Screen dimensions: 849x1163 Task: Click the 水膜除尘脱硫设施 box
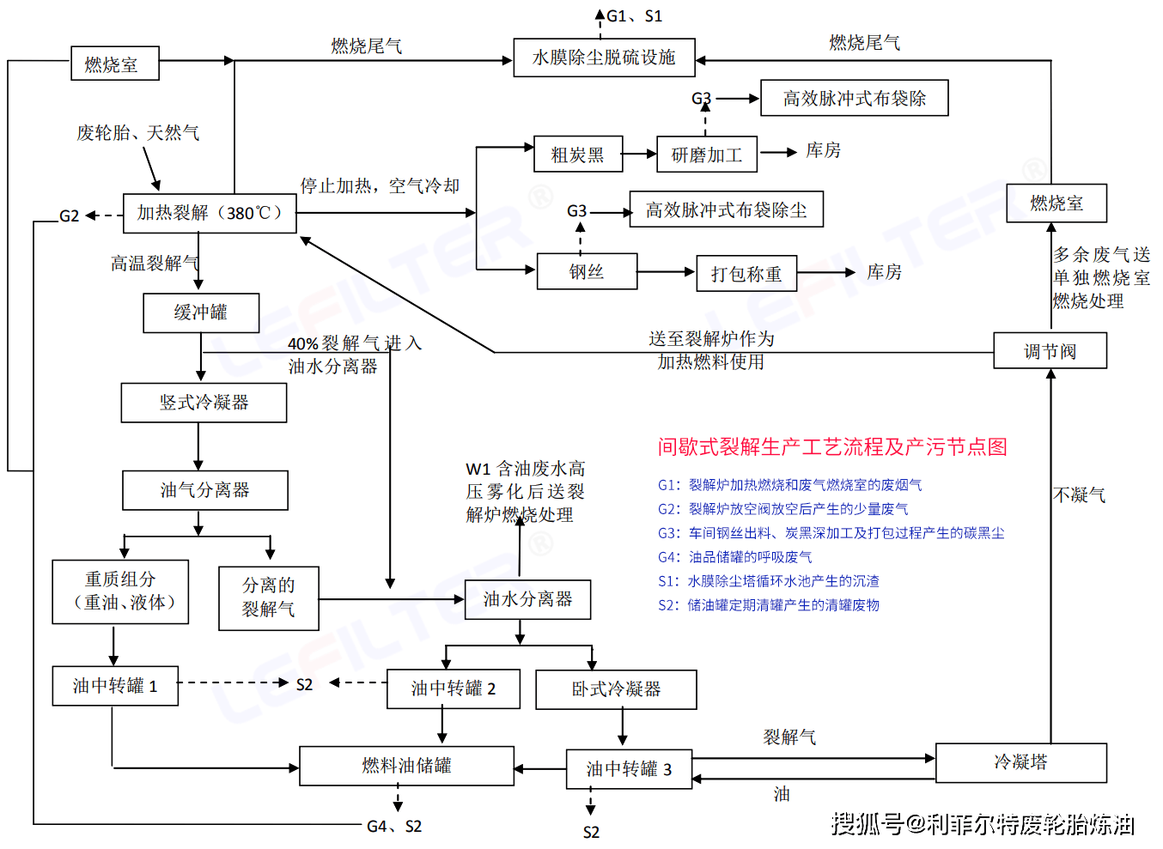pos(604,58)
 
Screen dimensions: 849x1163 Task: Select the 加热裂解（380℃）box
pos(210,213)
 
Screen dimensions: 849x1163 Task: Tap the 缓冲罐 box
pos(201,313)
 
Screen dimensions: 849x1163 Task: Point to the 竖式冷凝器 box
pos(204,403)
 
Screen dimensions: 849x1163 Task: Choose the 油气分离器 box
pos(204,490)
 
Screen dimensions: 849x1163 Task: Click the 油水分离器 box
pos(527,599)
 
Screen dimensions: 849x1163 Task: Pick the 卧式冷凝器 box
pos(616,689)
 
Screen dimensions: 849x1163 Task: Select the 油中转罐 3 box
pos(629,769)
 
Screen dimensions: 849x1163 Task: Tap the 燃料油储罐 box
pos(406,766)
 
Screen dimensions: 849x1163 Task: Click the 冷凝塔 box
pos(1020,762)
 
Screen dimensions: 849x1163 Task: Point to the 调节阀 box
pos(1050,351)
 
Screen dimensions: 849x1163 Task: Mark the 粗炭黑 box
pos(577,155)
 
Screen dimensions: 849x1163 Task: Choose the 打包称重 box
pos(746,274)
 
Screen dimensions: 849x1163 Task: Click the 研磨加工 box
pos(706,155)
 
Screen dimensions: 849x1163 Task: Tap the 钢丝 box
pos(587,272)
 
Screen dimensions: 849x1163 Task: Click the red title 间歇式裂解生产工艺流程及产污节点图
pos(832,447)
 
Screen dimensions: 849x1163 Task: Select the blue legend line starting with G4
pos(734,557)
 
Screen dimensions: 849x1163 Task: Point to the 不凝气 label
pos(1079,495)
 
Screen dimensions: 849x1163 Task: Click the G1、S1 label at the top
pos(634,16)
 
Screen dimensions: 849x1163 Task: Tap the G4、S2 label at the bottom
pos(394,827)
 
